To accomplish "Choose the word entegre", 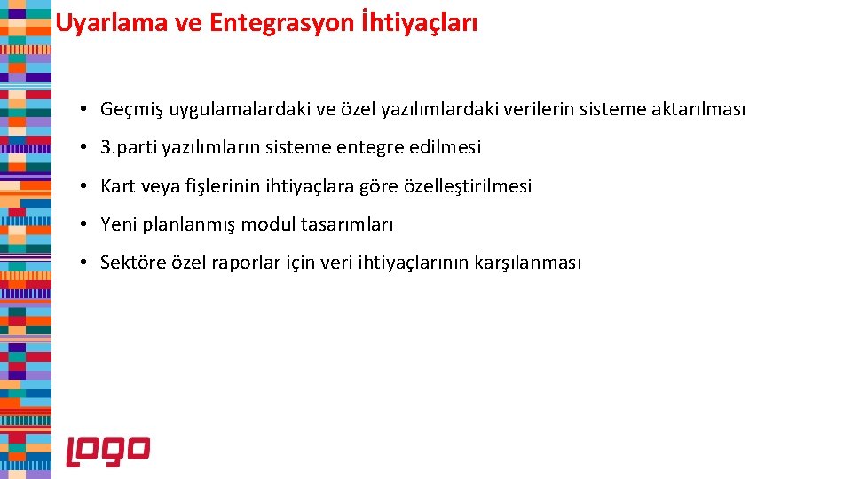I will pos(370,147).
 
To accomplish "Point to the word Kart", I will pos(118,186).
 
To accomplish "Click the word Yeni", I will pos(119,224).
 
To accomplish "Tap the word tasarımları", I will pos(347,224).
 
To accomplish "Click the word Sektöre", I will pos(130,263).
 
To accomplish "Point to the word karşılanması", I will pos(528,263).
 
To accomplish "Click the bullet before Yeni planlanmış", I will pos(81,224).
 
